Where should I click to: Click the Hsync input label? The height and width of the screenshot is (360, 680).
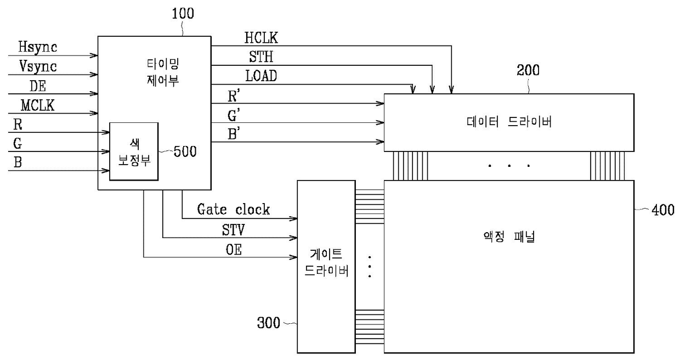click(38, 47)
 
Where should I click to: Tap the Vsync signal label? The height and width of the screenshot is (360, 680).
click(38, 67)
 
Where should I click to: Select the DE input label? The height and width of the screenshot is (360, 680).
click(37, 86)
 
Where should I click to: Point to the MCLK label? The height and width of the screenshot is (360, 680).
click(37, 105)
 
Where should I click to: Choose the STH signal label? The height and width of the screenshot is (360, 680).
click(260, 58)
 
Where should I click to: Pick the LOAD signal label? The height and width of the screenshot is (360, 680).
click(261, 76)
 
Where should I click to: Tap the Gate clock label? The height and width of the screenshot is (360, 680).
click(234, 210)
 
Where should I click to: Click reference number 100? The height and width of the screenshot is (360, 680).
click(183, 14)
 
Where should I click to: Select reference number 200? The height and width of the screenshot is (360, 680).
click(528, 70)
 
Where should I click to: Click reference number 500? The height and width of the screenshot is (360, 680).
click(185, 151)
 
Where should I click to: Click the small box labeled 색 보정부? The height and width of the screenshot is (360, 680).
click(133, 151)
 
